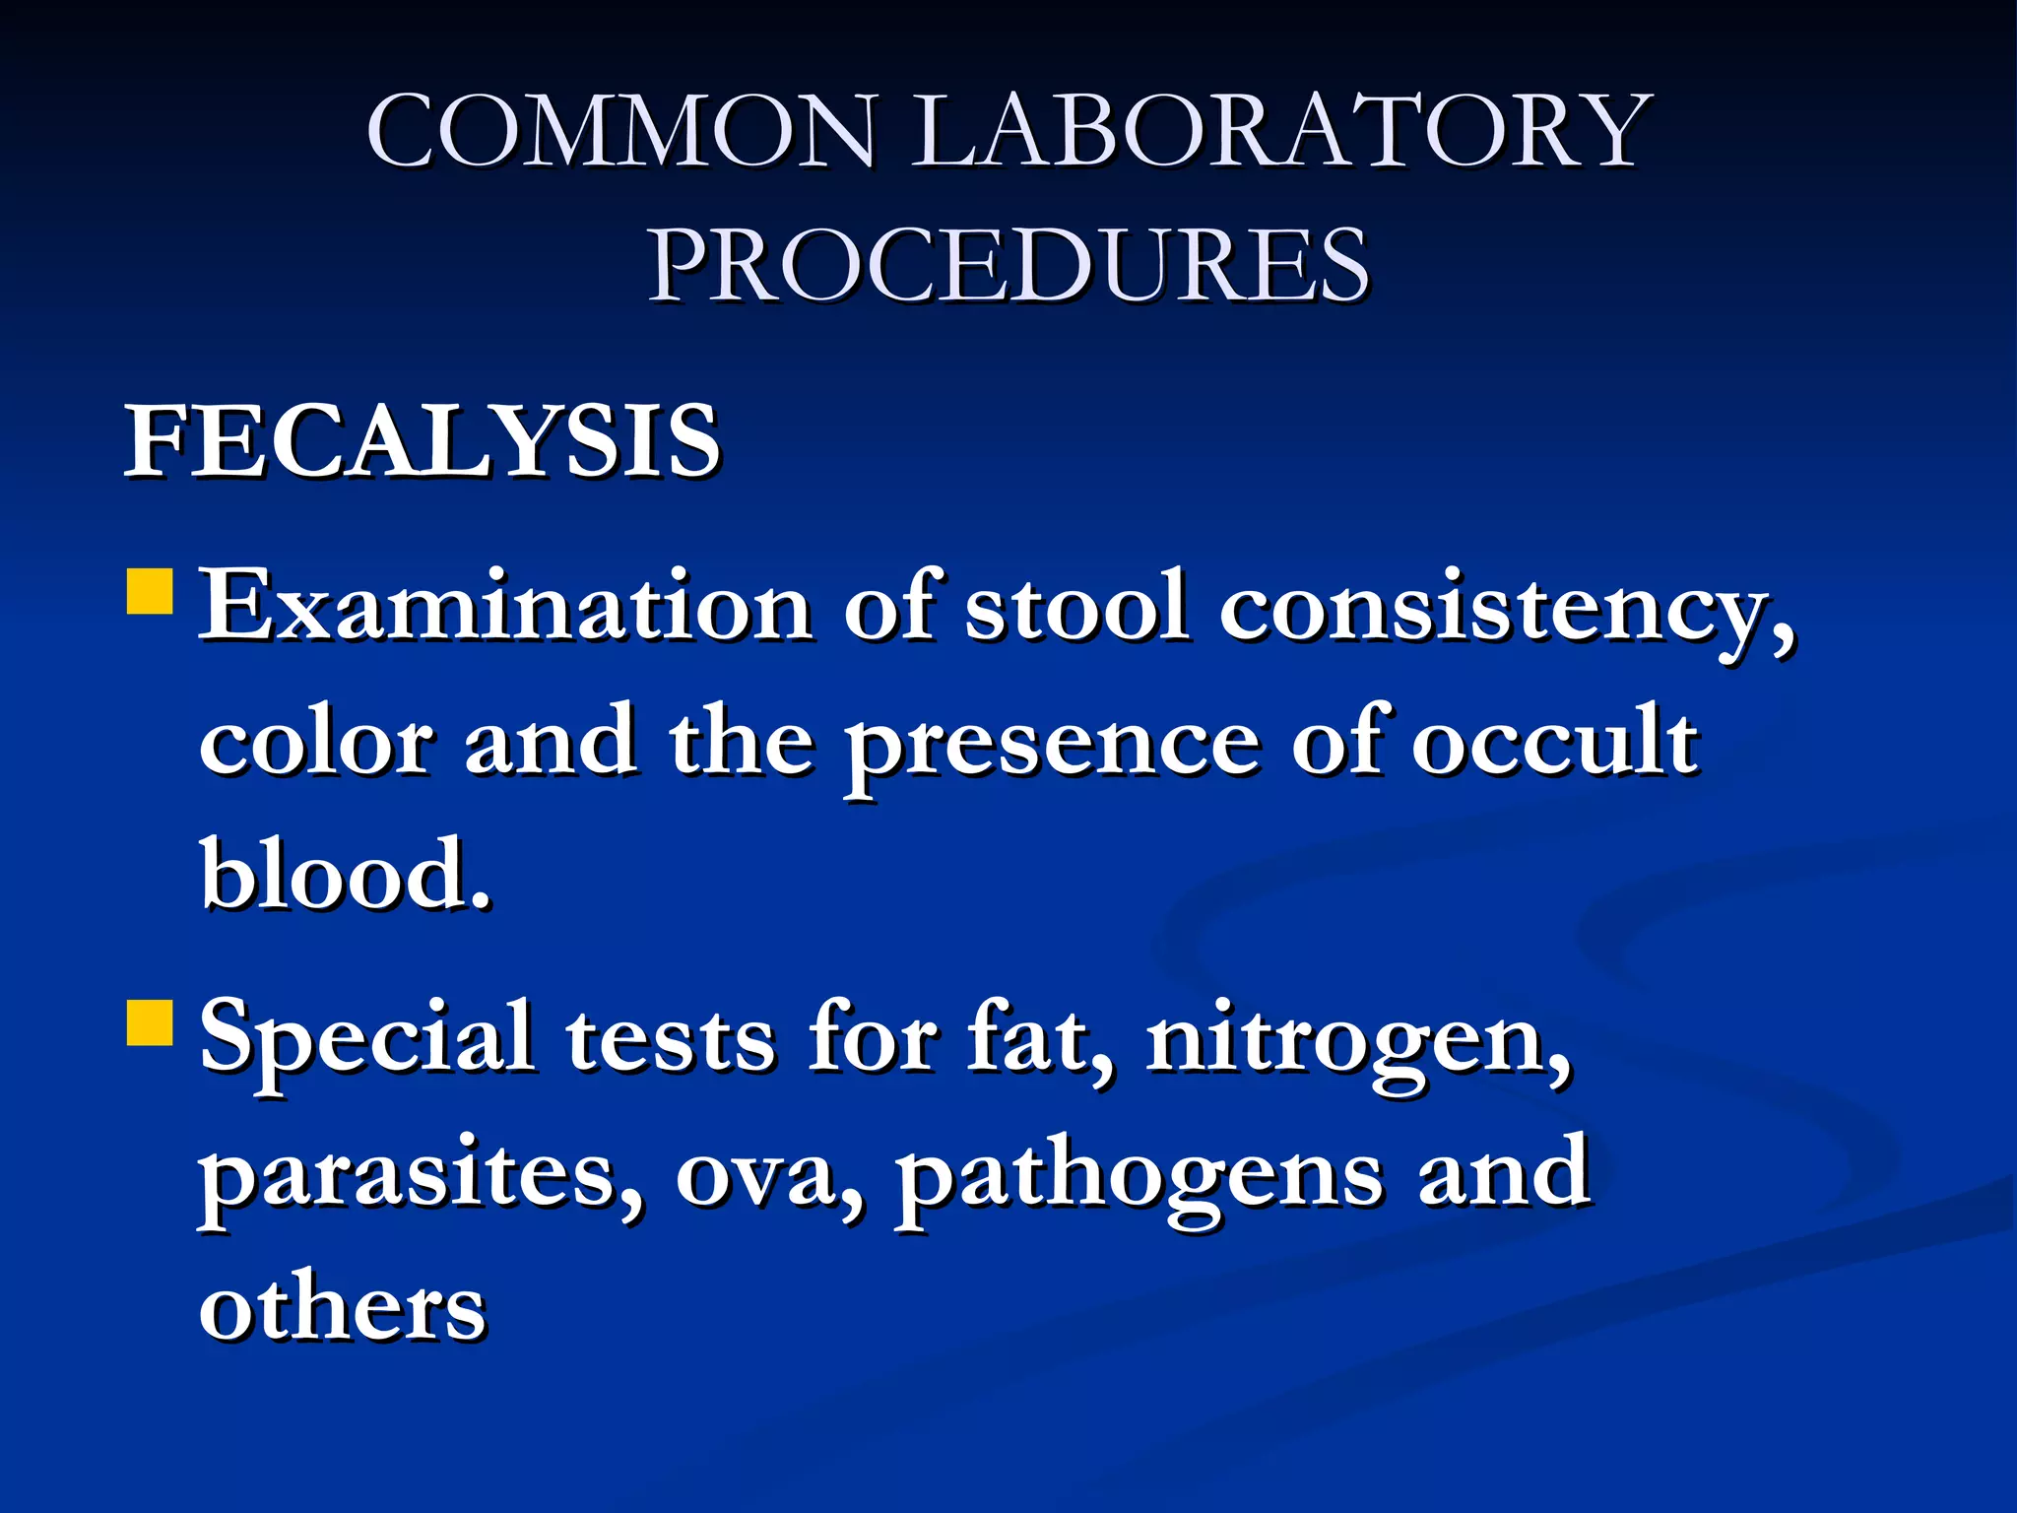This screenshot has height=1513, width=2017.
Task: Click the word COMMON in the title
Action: pos(620,131)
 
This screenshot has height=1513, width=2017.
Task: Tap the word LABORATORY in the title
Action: pos(1279,131)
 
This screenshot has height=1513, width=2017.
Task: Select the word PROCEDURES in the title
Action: pos(1008,265)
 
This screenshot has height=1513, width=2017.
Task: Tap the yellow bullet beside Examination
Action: pos(151,590)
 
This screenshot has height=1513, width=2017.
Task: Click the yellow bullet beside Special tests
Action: pos(151,1021)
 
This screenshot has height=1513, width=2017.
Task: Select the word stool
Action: pos(1076,606)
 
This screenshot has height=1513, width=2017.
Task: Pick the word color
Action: pos(315,741)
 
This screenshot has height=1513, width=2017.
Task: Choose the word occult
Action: pos(1555,741)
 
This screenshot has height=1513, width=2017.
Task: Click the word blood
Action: pos(344,874)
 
